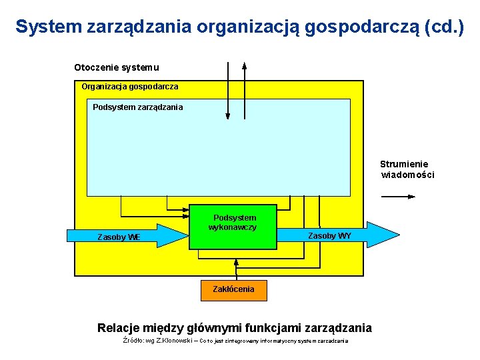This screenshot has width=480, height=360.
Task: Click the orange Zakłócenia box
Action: pyautogui.click(x=233, y=289)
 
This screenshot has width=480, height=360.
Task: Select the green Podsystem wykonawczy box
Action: pyautogui.click(x=233, y=227)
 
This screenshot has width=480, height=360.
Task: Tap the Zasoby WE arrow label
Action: pyautogui.click(x=119, y=237)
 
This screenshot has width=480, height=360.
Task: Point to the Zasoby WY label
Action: pyautogui.click(x=329, y=236)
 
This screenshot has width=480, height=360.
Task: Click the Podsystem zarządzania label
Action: pyautogui.click(x=137, y=107)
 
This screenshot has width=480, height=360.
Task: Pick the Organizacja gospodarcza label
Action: pyautogui.click(x=129, y=87)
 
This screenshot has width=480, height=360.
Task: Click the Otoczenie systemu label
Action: pyautogui.click(x=116, y=67)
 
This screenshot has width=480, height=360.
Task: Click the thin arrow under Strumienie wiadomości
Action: pyautogui.click(x=398, y=197)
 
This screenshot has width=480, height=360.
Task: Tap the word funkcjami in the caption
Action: pyautogui.click(x=272, y=327)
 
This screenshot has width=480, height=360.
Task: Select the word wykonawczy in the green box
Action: pyautogui.click(x=233, y=227)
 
